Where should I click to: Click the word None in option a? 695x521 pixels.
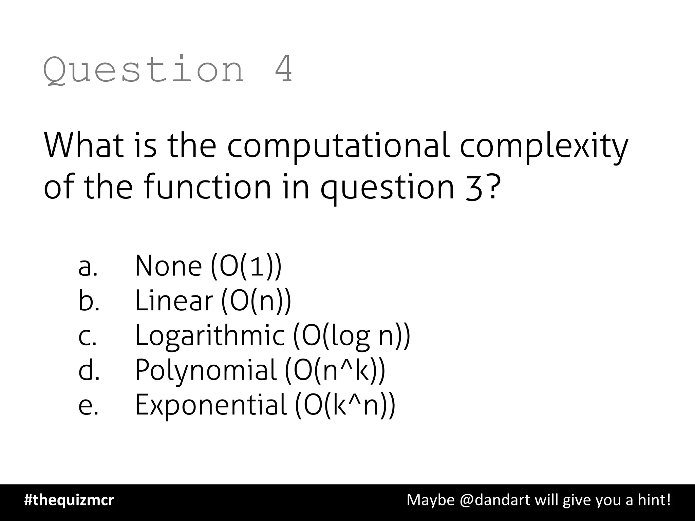tap(168, 266)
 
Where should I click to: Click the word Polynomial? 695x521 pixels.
tap(206, 370)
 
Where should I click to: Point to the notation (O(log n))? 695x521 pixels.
tap(352, 336)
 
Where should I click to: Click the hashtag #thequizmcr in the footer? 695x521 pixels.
tap(69, 500)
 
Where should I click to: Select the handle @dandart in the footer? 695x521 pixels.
tap(495, 500)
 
